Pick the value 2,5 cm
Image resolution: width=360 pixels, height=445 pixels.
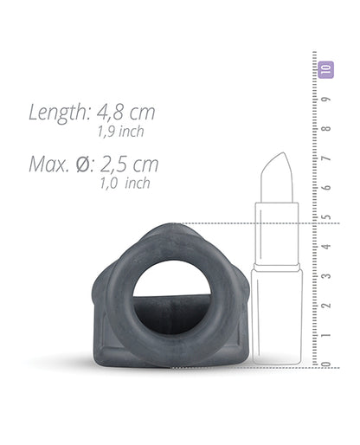click(130, 164)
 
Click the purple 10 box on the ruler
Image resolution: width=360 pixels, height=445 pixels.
click(325, 70)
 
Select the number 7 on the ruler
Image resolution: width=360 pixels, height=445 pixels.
click(326, 158)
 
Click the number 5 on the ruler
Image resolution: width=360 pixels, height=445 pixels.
click(326, 217)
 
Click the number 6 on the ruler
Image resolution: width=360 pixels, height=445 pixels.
click(326, 188)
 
